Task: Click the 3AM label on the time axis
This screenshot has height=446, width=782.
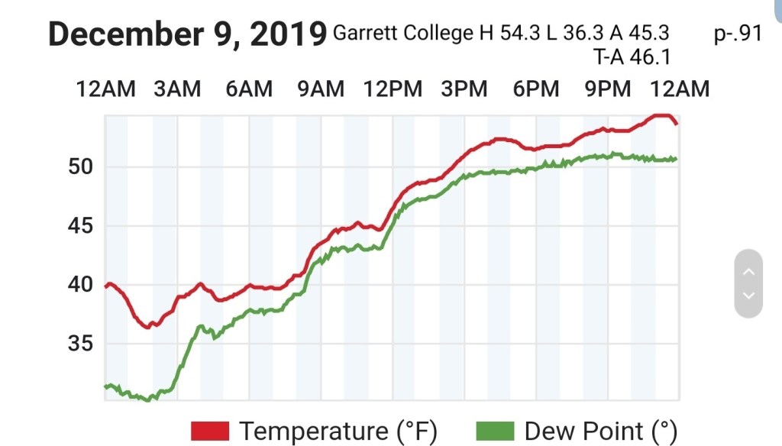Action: click(177, 89)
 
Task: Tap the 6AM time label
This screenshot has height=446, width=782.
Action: click(249, 89)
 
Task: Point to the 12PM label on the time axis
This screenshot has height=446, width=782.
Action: click(393, 89)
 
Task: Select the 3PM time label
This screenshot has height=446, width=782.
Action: click(464, 89)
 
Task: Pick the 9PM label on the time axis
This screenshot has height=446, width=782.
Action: click(608, 89)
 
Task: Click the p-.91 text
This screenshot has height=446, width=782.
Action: click(738, 34)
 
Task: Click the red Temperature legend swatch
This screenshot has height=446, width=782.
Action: click(211, 431)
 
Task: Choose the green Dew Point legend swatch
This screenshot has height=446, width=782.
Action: click(495, 431)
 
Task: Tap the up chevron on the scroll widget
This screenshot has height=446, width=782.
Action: click(748, 271)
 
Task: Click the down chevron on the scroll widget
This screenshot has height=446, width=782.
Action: click(748, 296)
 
